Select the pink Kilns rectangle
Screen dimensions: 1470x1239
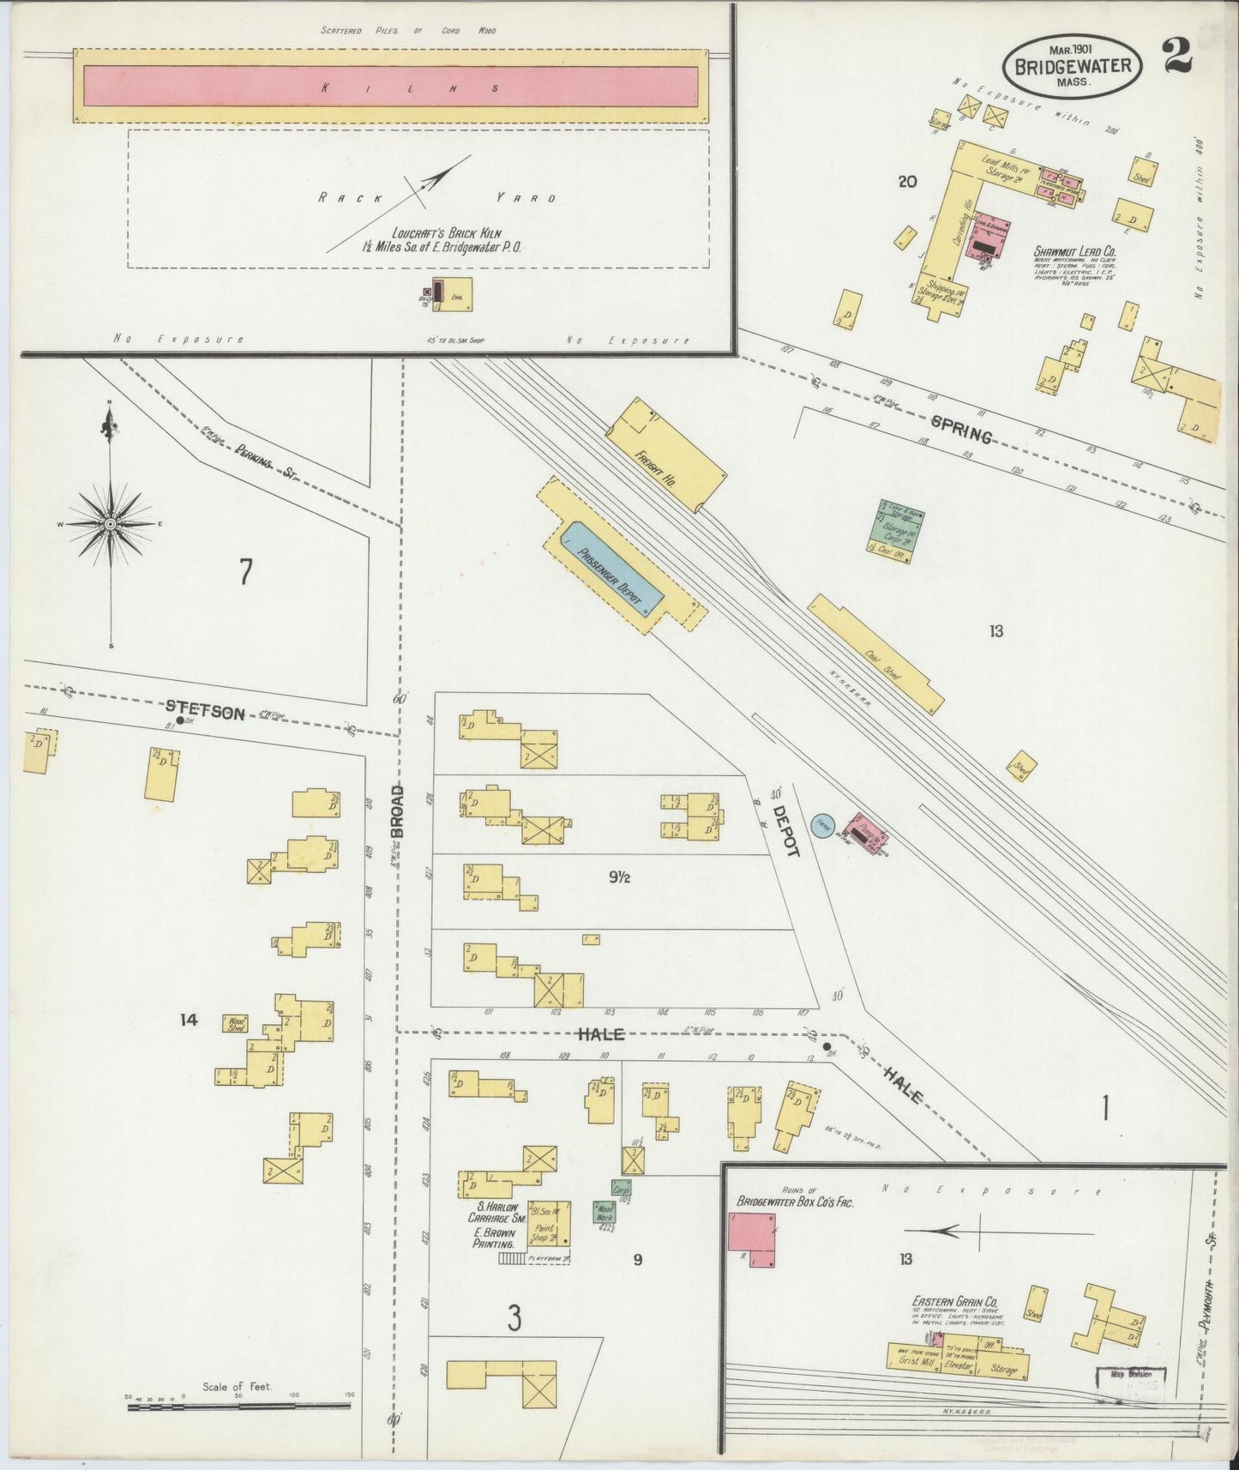[391, 87]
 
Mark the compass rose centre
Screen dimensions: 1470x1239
[111, 523]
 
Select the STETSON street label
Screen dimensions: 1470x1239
[205, 710]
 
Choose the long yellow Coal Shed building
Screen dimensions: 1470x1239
[876, 654]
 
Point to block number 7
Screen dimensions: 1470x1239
[245, 571]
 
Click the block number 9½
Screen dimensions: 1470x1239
[621, 877]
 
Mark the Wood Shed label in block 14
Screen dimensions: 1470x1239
[234, 1023]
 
